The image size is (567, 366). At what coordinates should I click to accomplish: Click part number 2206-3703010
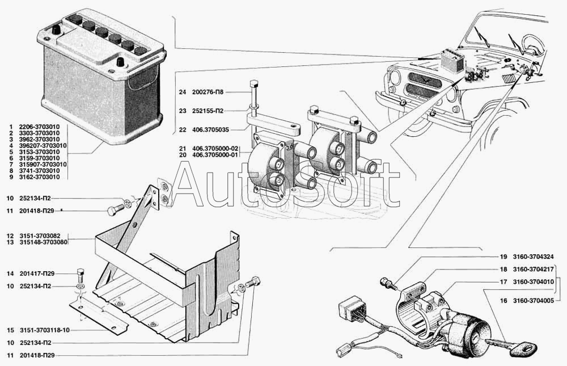point(40,127)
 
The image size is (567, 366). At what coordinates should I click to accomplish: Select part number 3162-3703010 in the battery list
point(40,177)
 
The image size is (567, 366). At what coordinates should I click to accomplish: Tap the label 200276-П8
point(208,92)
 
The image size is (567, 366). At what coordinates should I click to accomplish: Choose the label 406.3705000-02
point(215,149)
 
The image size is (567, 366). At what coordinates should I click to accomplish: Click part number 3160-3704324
point(533,257)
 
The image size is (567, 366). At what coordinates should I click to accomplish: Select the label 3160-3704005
point(533,301)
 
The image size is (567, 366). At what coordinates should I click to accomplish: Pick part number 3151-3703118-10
point(44,330)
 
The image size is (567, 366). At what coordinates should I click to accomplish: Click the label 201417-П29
point(37,274)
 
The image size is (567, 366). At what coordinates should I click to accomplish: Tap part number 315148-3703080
point(44,242)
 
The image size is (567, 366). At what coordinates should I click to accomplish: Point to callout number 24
point(182,92)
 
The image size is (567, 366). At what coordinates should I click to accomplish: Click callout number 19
point(503,257)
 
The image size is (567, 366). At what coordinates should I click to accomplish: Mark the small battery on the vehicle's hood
point(452,61)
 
